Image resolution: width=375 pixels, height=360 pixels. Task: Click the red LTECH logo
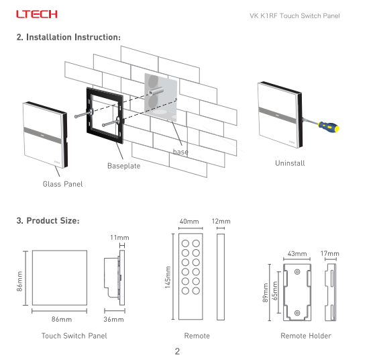tap(37, 14)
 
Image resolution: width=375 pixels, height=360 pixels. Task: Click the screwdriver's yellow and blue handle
tap(329, 126)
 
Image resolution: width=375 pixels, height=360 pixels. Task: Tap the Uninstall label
tap(290, 163)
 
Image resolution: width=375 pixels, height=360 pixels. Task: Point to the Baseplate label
tap(123, 166)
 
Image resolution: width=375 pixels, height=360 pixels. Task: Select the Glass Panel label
tap(62, 184)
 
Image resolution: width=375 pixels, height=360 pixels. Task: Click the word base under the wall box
tap(180, 152)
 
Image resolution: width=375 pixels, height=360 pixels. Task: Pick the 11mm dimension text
tap(119, 238)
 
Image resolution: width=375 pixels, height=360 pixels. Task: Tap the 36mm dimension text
tap(113, 319)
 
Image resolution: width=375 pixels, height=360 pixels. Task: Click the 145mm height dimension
tap(168, 277)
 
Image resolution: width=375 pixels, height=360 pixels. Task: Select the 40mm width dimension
tap(189, 222)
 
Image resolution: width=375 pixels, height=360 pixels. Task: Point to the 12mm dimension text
tap(221, 222)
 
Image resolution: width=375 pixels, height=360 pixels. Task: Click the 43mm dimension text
tap(297, 254)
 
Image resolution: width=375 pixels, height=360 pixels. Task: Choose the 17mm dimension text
tap(330, 253)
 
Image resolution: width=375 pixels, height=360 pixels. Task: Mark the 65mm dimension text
tap(275, 291)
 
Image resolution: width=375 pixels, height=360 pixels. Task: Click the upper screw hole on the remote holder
tap(297, 272)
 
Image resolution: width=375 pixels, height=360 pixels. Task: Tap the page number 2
tap(177, 351)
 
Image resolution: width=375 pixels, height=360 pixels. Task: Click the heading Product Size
tap(48, 220)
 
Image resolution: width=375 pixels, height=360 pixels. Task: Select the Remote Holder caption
tap(306, 336)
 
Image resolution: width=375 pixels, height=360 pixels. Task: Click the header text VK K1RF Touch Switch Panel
tap(294, 16)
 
